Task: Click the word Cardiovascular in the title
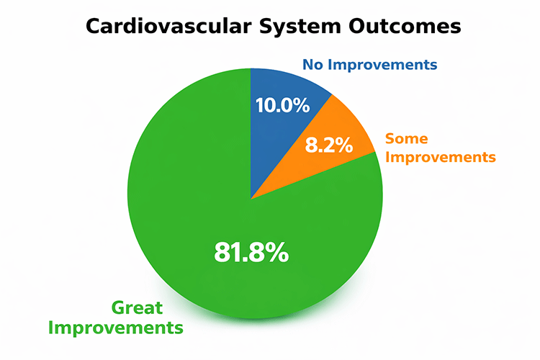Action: click(x=161, y=27)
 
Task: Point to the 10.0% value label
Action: click(x=282, y=105)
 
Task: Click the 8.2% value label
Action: click(x=329, y=146)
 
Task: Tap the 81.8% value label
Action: click(x=251, y=253)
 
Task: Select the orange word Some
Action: click(x=407, y=138)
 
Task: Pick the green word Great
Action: click(x=137, y=309)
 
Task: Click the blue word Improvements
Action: click(x=382, y=65)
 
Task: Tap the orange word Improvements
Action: click(x=441, y=156)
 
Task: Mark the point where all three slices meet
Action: click(x=251, y=198)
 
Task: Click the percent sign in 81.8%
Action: click(x=278, y=253)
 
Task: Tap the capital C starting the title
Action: click(x=95, y=27)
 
